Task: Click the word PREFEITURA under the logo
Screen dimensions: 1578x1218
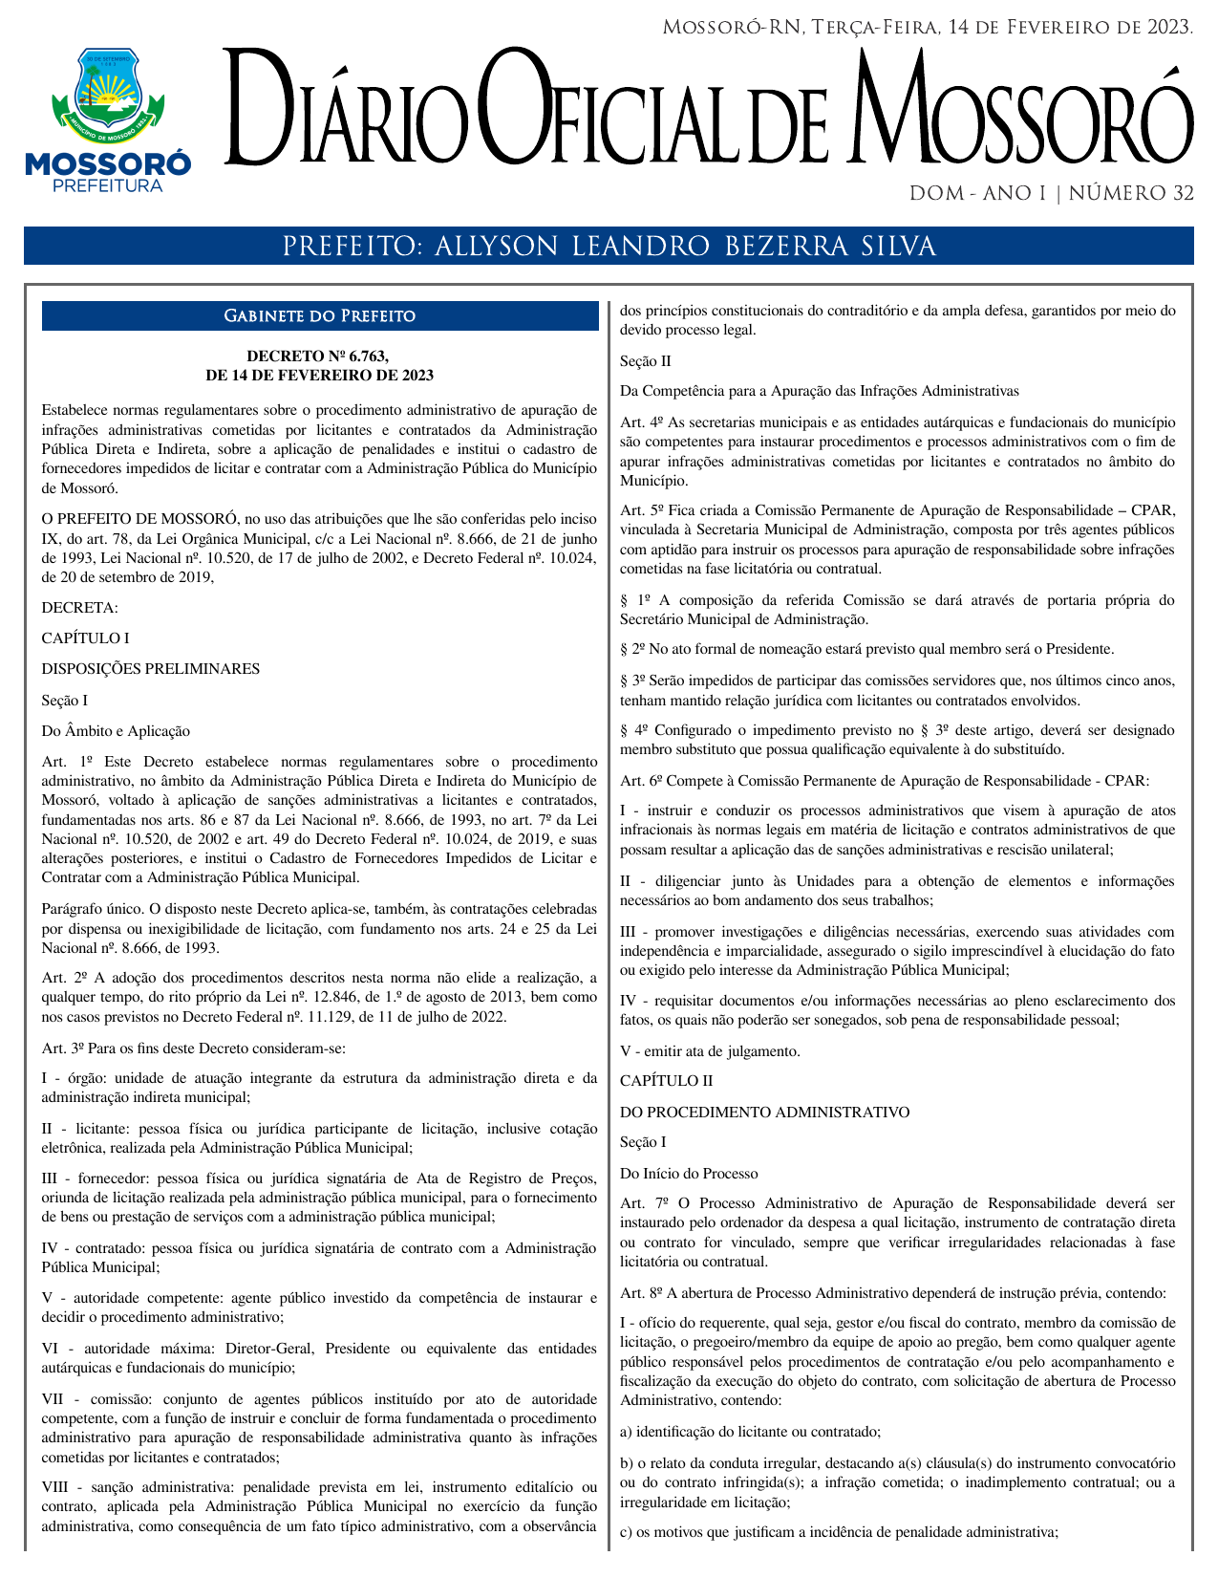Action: coord(107,185)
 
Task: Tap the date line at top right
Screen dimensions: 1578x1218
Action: coord(927,27)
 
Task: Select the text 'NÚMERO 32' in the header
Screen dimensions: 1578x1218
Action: coord(1131,194)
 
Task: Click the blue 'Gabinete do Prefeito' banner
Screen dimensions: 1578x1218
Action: coord(319,316)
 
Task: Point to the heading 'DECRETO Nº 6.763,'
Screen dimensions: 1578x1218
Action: coord(319,357)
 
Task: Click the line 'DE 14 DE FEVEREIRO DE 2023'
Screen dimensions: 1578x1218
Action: coord(319,376)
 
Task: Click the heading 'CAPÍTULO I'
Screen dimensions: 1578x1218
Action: coord(86,638)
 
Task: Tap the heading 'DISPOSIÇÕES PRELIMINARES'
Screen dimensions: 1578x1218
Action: coord(150,669)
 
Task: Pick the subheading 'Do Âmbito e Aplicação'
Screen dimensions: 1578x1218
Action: coord(116,731)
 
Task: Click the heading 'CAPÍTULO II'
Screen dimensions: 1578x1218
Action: coord(666,1081)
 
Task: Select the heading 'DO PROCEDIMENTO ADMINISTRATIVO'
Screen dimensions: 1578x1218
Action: coord(764,1113)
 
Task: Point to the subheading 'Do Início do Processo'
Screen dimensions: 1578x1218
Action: coord(689,1174)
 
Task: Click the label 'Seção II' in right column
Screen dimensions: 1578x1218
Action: coord(646,361)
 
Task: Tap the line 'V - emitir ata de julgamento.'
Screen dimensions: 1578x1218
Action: coord(710,1051)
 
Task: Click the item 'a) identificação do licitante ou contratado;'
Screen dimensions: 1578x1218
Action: coord(750,1432)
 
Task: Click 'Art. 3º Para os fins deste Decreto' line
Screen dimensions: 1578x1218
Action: coord(194,1048)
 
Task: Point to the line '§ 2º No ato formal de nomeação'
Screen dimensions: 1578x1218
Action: coord(866,650)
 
